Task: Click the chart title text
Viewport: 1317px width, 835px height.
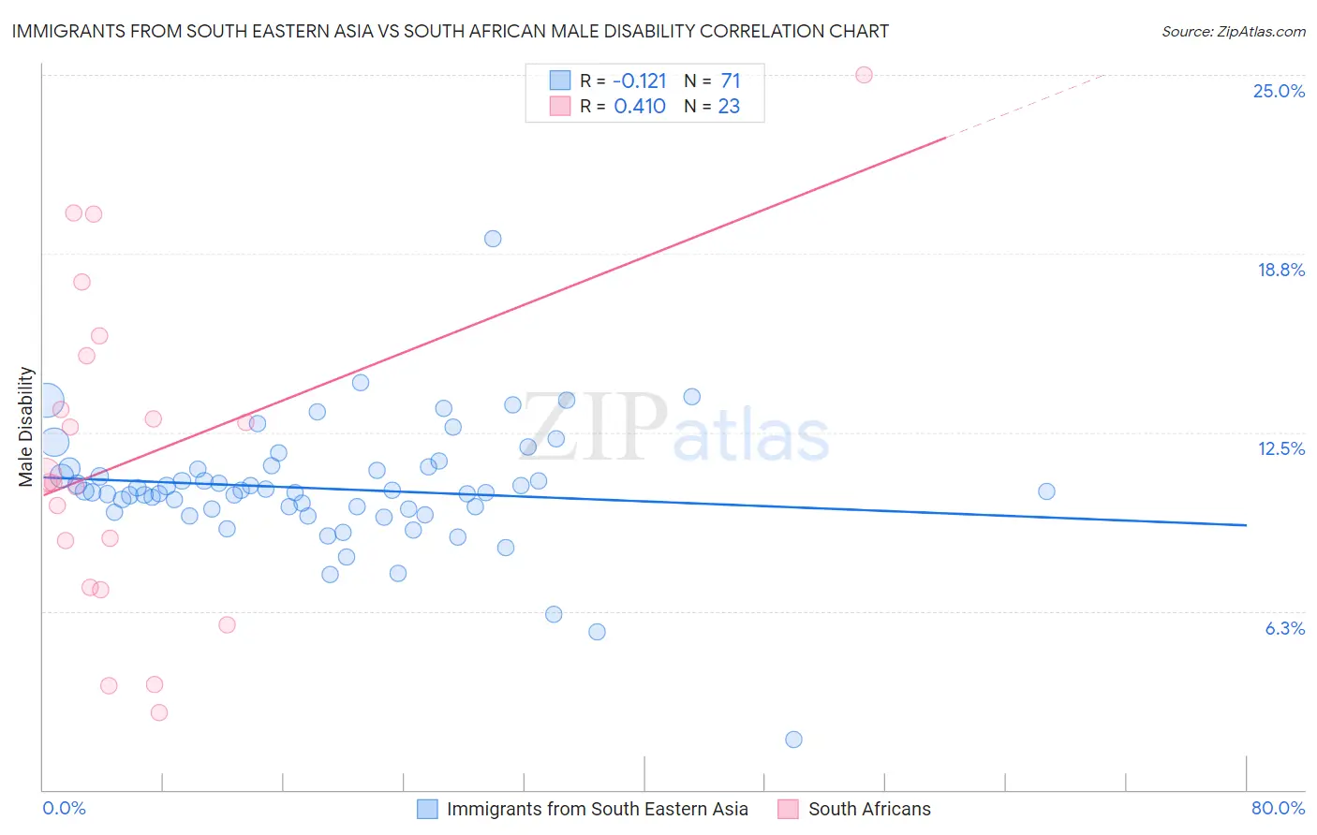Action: [x=451, y=31]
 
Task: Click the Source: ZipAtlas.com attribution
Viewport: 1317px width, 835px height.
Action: [x=1233, y=31]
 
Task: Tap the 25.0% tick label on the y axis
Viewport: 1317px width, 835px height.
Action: [x=1279, y=91]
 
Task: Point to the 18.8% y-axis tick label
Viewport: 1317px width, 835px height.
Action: [x=1280, y=270]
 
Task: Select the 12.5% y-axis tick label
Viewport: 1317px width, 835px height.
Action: [x=1280, y=448]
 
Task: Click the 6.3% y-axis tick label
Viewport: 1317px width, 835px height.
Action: [x=1284, y=628]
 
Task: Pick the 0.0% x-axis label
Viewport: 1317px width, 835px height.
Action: [x=64, y=808]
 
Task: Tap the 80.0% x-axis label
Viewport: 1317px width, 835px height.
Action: [x=1278, y=808]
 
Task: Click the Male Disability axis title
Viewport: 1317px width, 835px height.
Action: [x=26, y=427]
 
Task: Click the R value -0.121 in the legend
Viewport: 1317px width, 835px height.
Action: [x=640, y=81]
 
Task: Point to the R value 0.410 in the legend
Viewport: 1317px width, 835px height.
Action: [x=640, y=107]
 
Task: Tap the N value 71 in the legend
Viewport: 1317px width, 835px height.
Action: [x=731, y=81]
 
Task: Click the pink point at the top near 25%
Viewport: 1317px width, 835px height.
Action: [x=864, y=75]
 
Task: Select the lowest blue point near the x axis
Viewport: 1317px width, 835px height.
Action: [x=793, y=740]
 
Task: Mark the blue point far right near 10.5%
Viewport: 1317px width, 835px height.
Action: [x=1046, y=491]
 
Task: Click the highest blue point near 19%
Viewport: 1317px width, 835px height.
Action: [x=493, y=239]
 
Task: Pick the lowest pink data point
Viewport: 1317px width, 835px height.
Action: [x=159, y=712]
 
